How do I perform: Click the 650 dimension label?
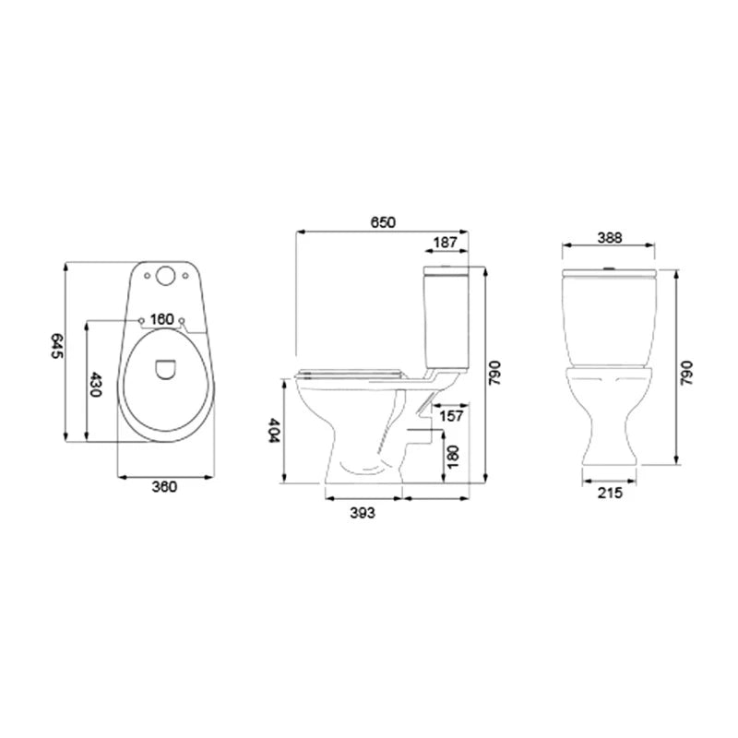(383, 222)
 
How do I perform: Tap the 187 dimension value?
(445, 243)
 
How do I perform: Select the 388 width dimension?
(610, 238)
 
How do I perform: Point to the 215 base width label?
(610, 493)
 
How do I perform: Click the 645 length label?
(57, 346)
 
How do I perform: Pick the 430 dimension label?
(96, 385)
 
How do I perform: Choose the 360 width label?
(165, 487)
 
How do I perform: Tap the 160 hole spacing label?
(162, 319)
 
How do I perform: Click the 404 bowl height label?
(273, 430)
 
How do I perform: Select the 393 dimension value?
(363, 513)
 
